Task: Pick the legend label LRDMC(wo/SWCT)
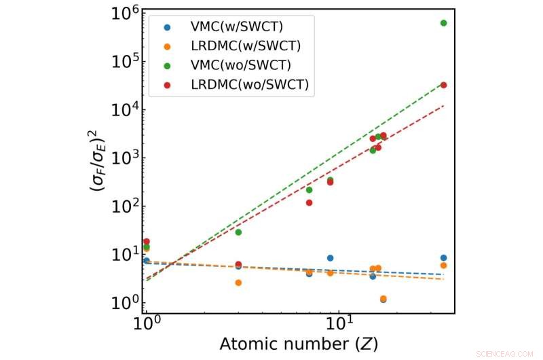(240, 84)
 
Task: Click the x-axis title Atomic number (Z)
(299, 344)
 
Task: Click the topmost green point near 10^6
(443, 23)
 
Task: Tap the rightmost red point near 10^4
(443, 85)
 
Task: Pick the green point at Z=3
(238, 232)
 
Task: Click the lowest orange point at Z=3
(238, 283)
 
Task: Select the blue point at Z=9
(330, 258)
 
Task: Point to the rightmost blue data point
(443, 258)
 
